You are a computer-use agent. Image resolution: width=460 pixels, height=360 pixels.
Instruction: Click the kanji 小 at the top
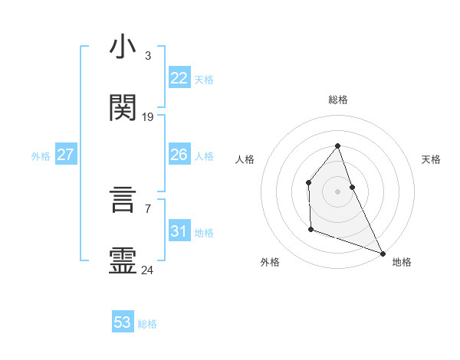point(123,47)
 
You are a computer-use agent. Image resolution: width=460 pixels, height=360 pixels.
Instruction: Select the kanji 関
point(123,108)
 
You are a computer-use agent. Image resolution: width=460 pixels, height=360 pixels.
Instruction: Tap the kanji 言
point(123,201)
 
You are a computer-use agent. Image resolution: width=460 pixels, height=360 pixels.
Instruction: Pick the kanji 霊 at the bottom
point(123,261)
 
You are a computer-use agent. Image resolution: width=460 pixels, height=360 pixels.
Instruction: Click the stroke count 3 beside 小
point(148,56)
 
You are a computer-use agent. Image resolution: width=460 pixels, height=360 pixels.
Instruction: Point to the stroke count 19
point(148,117)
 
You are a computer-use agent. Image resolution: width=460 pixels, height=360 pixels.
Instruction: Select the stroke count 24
point(148,270)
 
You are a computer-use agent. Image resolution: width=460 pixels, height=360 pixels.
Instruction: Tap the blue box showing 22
point(179,77)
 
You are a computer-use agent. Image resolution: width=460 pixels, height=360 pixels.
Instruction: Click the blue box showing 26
point(179,155)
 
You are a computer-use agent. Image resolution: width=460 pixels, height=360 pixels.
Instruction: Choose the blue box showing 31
point(179,231)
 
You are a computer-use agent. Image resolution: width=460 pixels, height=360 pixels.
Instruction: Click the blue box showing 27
point(65,155)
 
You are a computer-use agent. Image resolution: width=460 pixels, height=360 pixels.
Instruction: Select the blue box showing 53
point(123,322)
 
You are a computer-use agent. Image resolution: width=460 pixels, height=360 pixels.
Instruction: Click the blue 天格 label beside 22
point(204,79)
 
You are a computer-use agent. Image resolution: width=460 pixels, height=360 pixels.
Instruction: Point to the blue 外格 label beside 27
point(41,156)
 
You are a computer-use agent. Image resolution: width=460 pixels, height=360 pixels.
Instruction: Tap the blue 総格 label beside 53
point(147,324)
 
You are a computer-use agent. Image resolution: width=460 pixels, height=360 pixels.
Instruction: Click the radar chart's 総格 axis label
point(338,100)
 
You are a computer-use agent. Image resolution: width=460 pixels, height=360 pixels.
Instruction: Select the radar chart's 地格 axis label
point(402,262)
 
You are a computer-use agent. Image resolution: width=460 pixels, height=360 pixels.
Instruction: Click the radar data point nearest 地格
point(382,253)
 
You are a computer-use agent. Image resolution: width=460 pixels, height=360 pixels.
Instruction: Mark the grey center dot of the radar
point(337,191)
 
